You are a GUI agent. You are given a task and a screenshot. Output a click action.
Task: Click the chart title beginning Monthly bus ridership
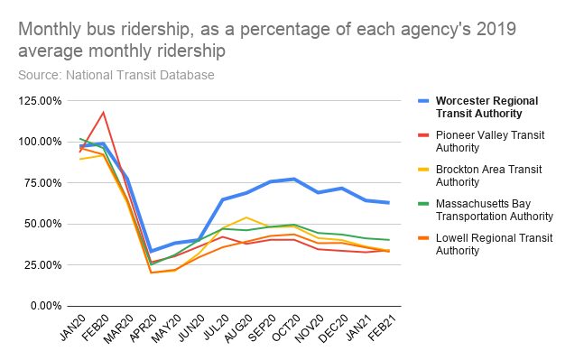[267, 40]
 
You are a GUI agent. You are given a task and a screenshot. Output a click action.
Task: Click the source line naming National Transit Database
[116, 75]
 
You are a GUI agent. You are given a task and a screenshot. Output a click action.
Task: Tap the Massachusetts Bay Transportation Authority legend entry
[493, 209]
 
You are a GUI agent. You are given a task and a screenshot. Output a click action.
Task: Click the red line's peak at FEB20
[104, 113]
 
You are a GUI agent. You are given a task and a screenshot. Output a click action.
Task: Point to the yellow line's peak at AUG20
[246, 217]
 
